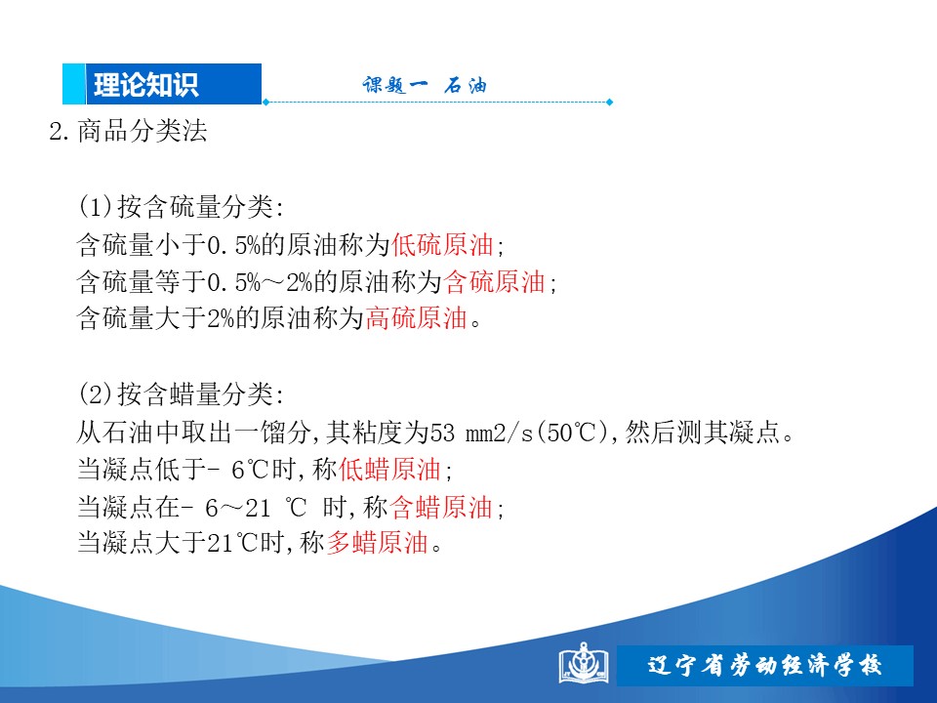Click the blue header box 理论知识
(x=162, y=84)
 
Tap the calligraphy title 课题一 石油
(x=425, y=85)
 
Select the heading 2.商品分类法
(x=128, y=131)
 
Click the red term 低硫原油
(x=442, y=244)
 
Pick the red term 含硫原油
(x=494, y=281)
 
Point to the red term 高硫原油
(x=416, y=318)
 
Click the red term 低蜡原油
(x=389, y=470)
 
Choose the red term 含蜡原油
(x=441, y=507)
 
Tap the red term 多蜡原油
(x=377, y=543)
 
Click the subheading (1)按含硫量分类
(x=182, y=207)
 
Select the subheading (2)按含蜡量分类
(x=182, y=393)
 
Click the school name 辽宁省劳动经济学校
(x=765, y=665)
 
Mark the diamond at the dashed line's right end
(x=609, y=103)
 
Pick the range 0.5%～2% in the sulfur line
(x=260, y=282)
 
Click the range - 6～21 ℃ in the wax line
(x=247, y=508)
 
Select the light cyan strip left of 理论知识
(x=74, y=84)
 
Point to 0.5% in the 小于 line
(x=233, y=245)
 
